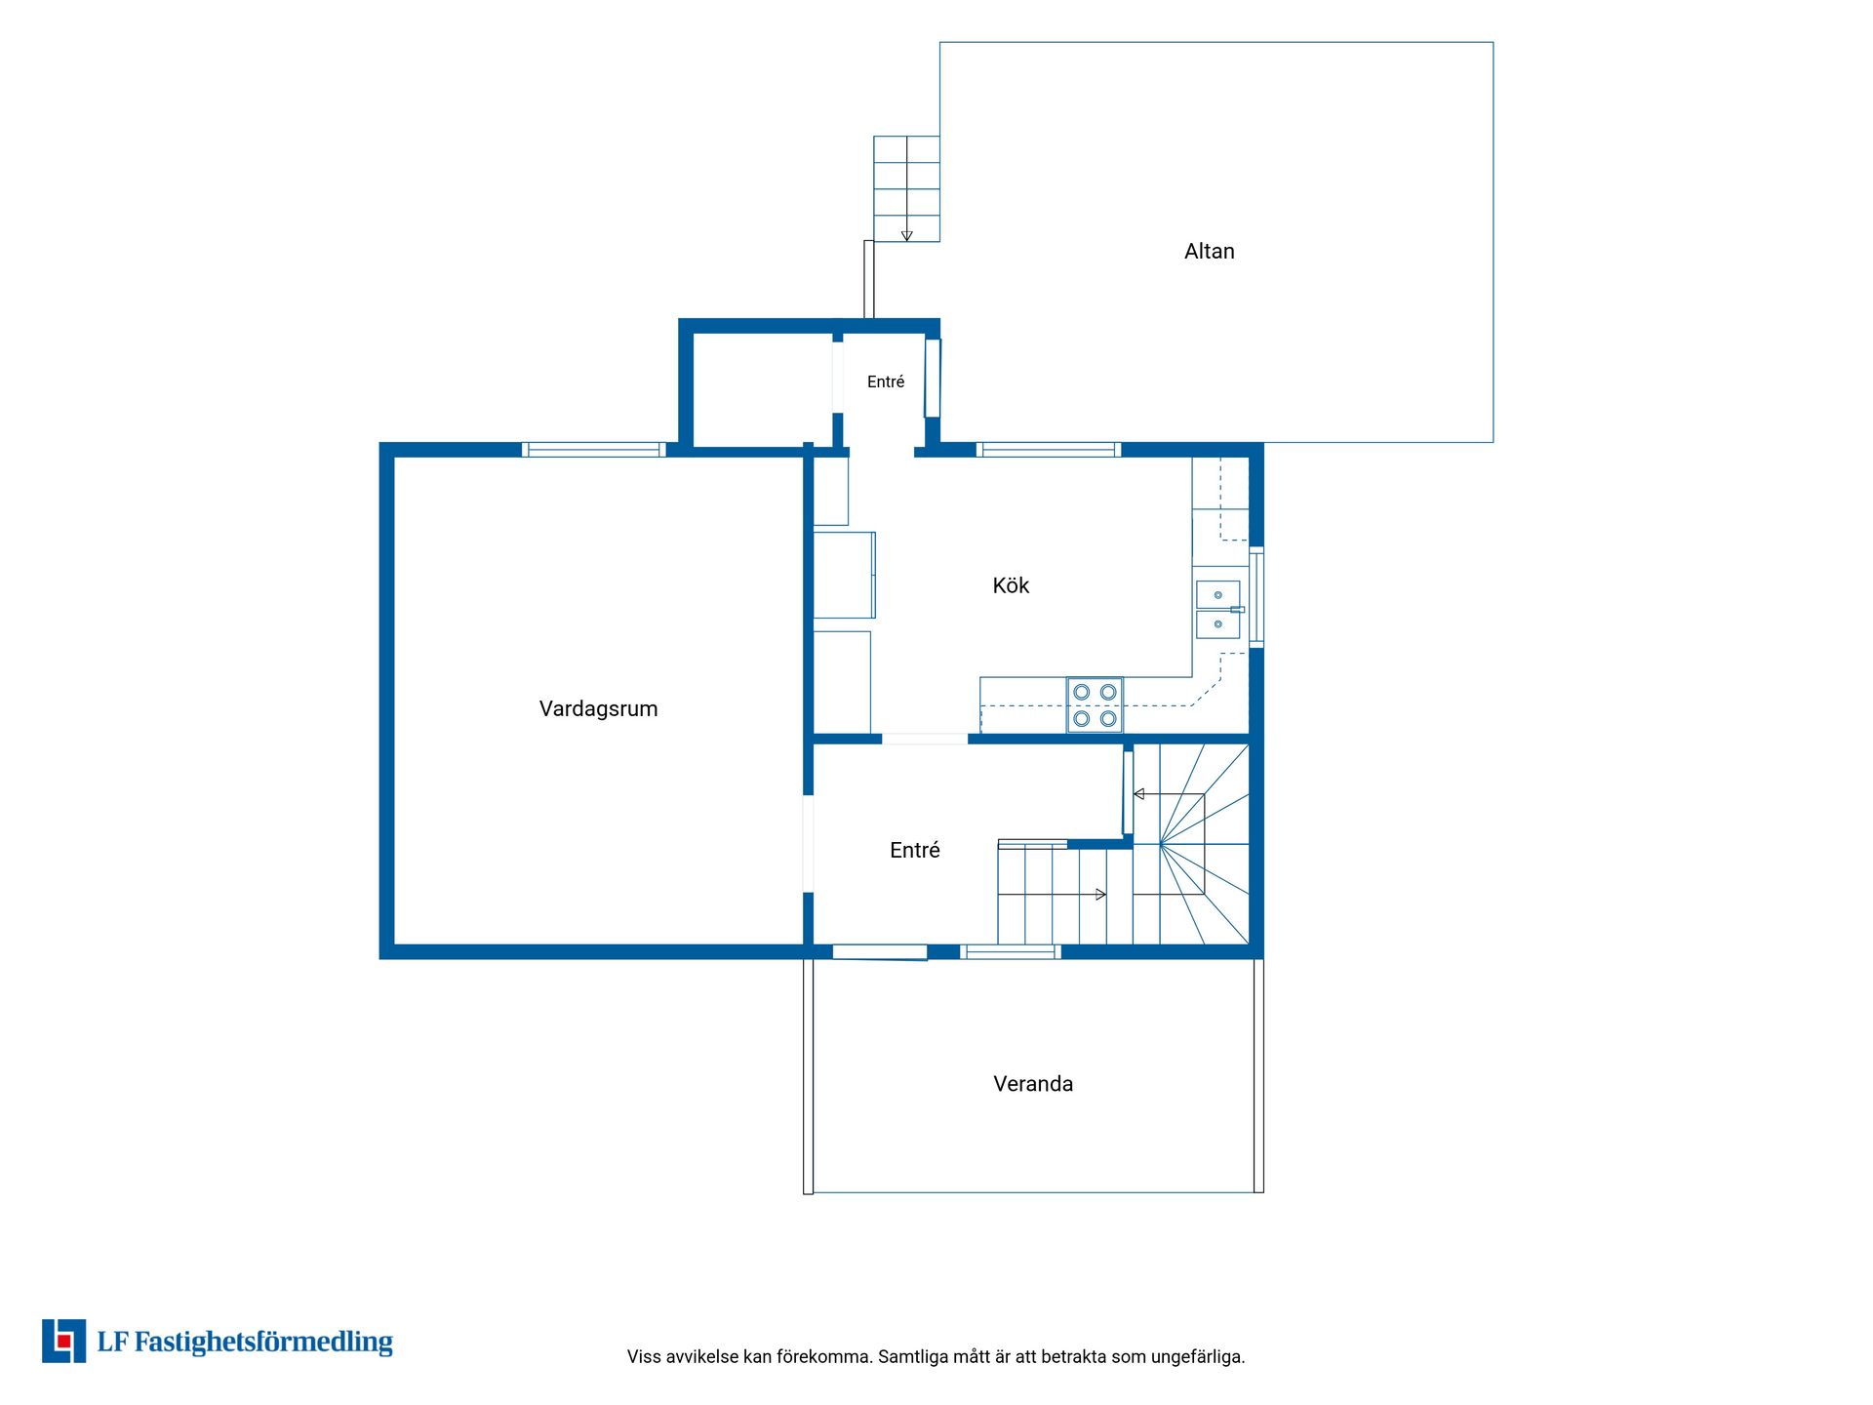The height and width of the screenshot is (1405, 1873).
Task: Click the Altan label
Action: pyautogui.click(x=1209, y=252)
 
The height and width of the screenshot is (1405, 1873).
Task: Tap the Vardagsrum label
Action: pyautogui.click(x=598, y=709)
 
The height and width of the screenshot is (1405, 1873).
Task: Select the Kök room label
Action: pyautogui.click(x=1011, y=585)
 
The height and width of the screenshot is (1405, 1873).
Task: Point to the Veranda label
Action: pyautogui.click(x=1033, y=1084)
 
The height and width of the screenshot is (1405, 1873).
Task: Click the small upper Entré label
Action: pyautogui.click(x=886, y=381)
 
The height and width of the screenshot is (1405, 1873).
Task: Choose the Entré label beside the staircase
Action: pyautogui.click(x=914, y=850)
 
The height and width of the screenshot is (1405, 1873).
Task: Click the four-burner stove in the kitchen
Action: pyautogui.click(x=1095, y=704)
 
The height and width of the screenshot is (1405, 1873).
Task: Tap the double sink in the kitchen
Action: pyautogui.click(x=1218, y=610)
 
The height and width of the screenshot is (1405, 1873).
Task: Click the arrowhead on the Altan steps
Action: pyautogui.click(x=906, y=236)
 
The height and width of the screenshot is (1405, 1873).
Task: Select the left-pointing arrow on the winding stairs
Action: pyautogui.click(x=1169, y=794)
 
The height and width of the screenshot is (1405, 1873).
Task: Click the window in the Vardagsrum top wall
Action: pyautogui.click(x=594, y=450)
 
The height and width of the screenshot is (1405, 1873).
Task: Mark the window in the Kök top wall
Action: pyautogui.click(x=1049, y=450)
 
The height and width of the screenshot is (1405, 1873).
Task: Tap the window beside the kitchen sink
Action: pyautogui.click(x=1256, y=597)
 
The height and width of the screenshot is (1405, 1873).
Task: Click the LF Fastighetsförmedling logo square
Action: pyautogui.click(x=63, y=1341)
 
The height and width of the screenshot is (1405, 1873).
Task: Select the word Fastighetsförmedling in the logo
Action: pyautogui.click(x=263, y=1343)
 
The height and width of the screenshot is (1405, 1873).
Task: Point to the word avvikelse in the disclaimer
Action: pyautogui.click(x=702, y=1356)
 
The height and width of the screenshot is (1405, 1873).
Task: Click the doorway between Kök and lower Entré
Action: pyautogui.click(x=925, y=739)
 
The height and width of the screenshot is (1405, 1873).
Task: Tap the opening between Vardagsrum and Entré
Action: pyautogui.click(x=808, y=843)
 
